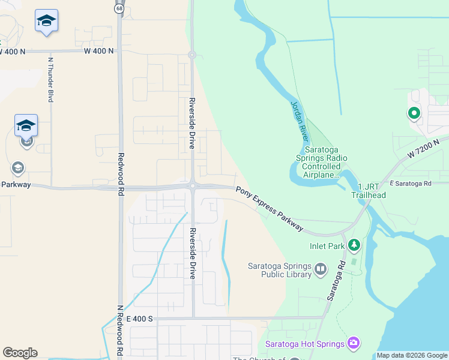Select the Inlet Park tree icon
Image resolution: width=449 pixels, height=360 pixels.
pyautogui.click(x=354, y=245)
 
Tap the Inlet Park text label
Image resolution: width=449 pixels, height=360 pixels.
pyautogui.click(x=327, y=246)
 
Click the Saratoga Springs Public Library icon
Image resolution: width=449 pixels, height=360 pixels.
pyautogui.click(x=320, y=269)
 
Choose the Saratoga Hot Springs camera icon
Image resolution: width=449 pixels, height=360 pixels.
pyautogui.click(x=354, y=343)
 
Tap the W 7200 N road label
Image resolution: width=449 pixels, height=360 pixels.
pyautogui.click(x=423, y=148)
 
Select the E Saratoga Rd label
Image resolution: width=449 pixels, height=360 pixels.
pyautogui.click(x=411, y=183)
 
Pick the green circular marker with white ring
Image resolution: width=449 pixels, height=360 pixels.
pyautogui.click(x=414, y=112)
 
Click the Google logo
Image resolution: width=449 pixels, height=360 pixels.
pyautogui.click(x=20, y=353)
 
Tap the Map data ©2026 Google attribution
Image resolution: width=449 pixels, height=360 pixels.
pyautogui.click(x=411, y=355)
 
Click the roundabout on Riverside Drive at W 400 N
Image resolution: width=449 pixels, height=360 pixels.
pyautogui.click(x=192, y=55)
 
